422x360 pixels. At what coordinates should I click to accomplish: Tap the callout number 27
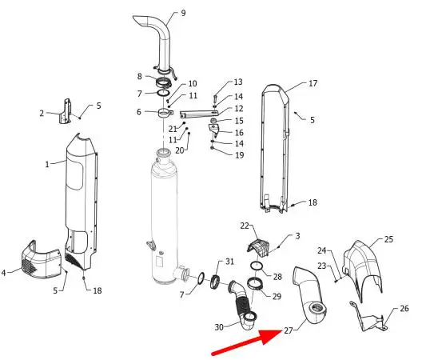tap(289, 330)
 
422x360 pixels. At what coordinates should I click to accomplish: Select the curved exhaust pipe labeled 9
tap(156, 45)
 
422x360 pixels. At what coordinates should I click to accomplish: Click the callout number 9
tap(183, 13)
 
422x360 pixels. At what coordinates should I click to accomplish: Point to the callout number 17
tap(313, 83)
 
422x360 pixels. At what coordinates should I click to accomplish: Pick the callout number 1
tap(47, 164)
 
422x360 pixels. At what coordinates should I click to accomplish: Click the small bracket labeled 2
tap(66, 111)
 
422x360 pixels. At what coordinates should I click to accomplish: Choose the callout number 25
tap(388, 239)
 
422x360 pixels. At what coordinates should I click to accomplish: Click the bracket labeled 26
tap(368, 318)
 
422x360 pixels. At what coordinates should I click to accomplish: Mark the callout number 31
tap(229, 262)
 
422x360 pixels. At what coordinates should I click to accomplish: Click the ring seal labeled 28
tap(257, 266)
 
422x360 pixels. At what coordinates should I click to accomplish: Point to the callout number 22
tap(245, 226)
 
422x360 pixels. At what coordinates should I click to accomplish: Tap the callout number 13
tap(238, 82)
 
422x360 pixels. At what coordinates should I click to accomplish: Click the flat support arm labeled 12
tap(199, 114)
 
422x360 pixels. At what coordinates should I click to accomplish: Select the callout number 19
tap(239, 155)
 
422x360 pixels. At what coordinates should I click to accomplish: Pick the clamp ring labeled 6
tap(165, 113)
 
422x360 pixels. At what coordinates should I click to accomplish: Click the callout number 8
tap(139, 76)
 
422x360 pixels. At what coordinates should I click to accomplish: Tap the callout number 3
tap(297, 236)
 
